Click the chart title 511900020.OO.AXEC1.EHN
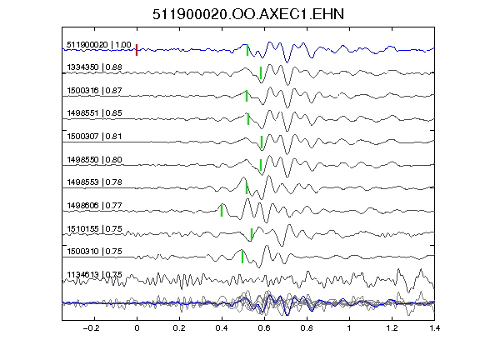pos(248,14)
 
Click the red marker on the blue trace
pos(137,50)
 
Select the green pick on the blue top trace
pos(247,50)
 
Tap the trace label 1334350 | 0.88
pos(94,67)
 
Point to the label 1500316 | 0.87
pos(94,90)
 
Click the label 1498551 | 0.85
pos(94,113)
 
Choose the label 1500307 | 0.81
pos(94,136)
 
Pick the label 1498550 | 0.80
pos(94,159)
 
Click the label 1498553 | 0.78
pos(94,182)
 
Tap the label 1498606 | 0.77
pos(94,205)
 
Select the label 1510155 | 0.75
pos(94,228)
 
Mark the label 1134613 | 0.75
pos(94,274)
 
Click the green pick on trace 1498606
pos(222,211)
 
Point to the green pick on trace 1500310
pos(242,257)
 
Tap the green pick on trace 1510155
pos(252,234)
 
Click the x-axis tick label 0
pos(137,328)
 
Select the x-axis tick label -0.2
pos(91,328)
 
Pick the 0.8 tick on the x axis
pos(307,328)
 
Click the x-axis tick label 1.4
pos(435,328)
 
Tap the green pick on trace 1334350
pos(261,72)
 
